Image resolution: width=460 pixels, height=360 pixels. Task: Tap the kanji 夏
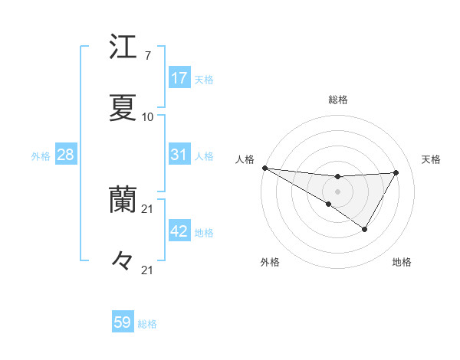123,107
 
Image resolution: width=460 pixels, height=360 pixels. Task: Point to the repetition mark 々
123,260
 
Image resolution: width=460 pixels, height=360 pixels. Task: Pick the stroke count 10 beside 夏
148,116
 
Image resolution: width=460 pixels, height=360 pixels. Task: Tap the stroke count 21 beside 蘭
148,209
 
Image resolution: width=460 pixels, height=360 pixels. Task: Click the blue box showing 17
179,78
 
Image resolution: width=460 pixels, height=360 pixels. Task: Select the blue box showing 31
179,155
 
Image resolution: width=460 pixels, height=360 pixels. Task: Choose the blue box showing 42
179,231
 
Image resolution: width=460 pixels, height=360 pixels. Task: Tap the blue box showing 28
66,155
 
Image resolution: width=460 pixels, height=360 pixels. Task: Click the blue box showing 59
123,322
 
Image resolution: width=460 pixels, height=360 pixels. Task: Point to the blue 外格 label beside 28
41,155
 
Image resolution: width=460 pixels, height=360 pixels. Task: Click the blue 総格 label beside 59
147,323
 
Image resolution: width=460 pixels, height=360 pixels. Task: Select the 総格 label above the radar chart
338,100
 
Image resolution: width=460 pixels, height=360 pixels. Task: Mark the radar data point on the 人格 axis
264,168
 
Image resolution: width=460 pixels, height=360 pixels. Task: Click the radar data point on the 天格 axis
396,172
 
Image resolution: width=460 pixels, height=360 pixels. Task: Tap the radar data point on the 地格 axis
365,229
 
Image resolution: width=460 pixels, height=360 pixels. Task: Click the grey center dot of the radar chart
338,191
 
